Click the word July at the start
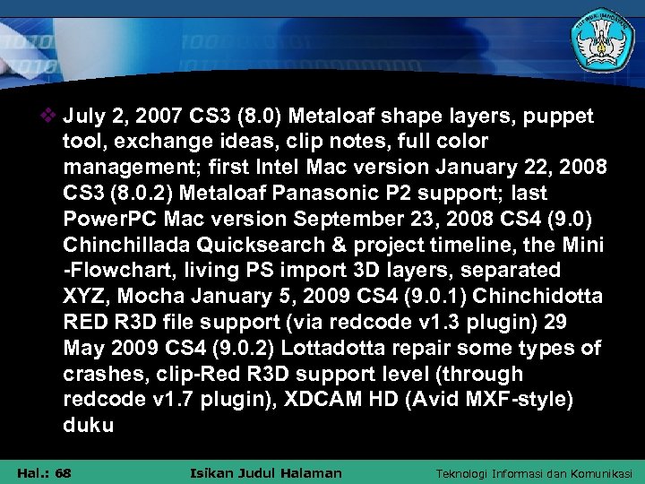click(82, 117)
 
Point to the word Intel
click(282, 168)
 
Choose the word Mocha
click(145, 296)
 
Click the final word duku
click(89, 425)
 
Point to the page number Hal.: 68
click(44, 472)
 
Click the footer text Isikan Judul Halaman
click(267, 472)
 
